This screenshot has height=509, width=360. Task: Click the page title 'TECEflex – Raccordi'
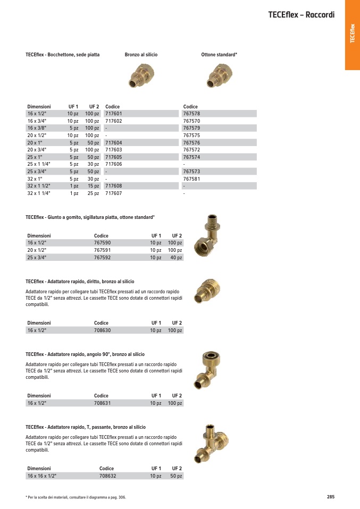pyautogui.click(x=301, y=14)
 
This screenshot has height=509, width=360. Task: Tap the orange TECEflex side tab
pyautogui.click(x=351, y=35)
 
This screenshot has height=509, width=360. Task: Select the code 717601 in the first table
pyautogui.click(x=113, y=114)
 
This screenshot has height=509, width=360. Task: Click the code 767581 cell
pyautogui.click(x=191, y=179)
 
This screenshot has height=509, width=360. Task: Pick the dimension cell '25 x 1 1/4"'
pyautogui.click(x=39, y=164)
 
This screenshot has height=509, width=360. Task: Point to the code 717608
pyautogui.click(x=113, y=186)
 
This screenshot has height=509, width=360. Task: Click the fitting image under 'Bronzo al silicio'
pyautogui.click(x=140, y=74)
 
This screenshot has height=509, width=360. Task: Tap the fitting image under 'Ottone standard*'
pyautogui.click(x=217, y=74)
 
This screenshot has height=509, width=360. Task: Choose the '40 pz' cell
pyautogui.click(x=176, y=258)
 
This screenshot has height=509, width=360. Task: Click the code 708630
pyautogui.click(x=102, y=330)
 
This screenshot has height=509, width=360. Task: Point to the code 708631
pyautogui.click(x=102, y=403)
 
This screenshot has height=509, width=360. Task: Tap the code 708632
pyautogui.click(x=107, y=476)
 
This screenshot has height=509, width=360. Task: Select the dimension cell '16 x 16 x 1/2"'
pyautogui.click(x=41, y=476)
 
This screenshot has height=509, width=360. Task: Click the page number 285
pyautogui.click(x=330, y=497)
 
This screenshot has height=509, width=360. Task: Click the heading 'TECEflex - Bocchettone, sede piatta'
pyautogui.click(x=62, y=55)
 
